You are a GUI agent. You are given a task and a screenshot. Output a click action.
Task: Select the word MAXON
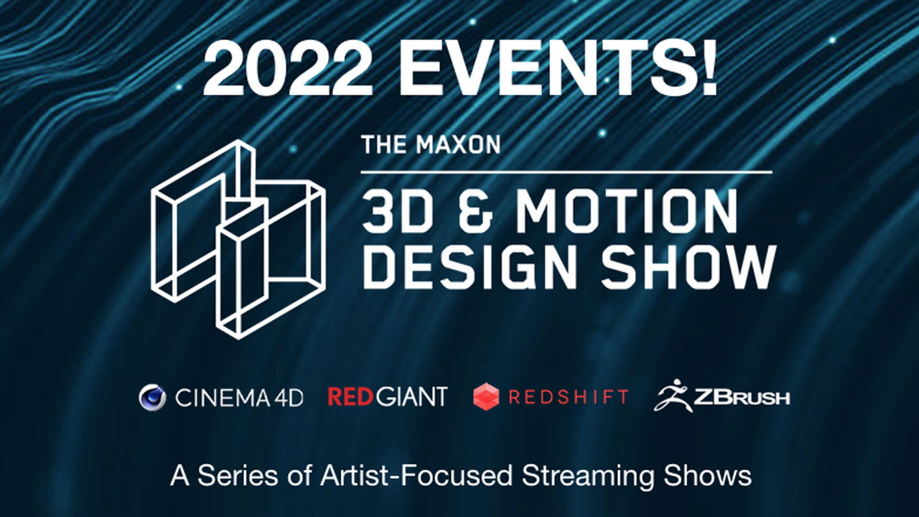458,145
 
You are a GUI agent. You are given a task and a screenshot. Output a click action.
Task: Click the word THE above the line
385,145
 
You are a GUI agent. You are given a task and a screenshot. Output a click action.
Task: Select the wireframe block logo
237,239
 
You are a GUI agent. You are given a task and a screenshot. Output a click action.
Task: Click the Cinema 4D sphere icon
152,397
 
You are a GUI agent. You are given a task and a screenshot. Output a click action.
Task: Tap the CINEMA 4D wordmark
239,398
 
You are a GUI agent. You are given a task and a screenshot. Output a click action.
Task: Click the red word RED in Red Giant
352,397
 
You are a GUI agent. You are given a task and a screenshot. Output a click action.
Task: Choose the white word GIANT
411,397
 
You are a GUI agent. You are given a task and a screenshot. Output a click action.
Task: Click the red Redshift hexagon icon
486,397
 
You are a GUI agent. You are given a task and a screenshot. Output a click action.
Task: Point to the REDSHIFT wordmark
569,397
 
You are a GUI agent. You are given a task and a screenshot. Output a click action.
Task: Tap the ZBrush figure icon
673,395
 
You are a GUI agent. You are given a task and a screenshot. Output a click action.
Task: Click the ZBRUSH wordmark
742,397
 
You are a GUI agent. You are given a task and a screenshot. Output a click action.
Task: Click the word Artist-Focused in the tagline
416,475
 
